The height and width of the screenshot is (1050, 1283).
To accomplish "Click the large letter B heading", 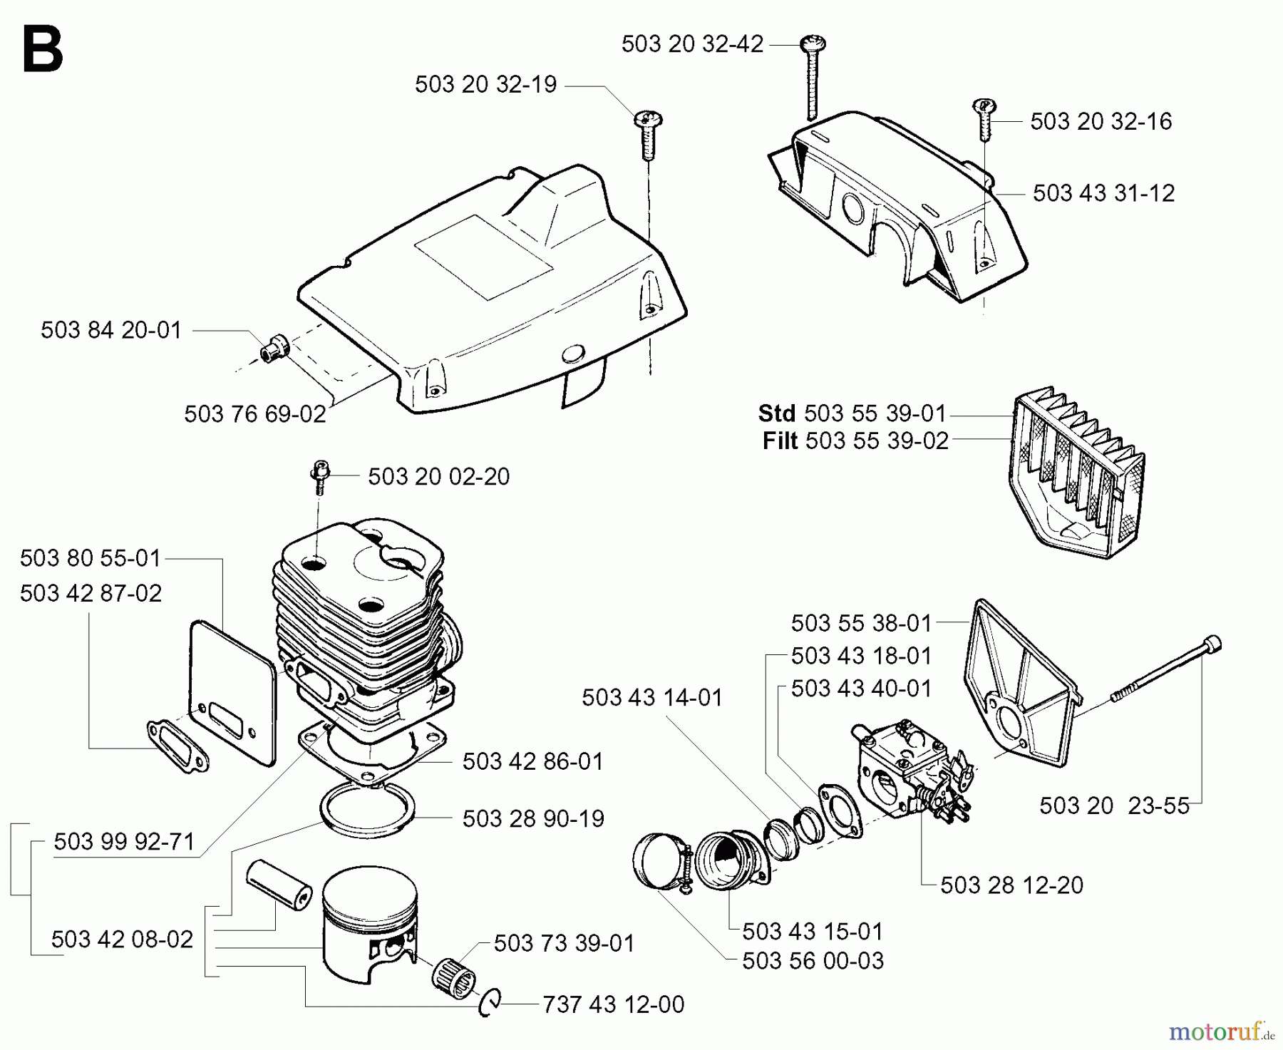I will [x=43, y=49].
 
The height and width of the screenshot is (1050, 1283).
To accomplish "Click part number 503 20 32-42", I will [x=691, y=44].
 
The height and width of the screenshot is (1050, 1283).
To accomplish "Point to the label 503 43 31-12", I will [x=1103, y=193].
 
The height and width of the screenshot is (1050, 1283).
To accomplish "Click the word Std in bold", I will [x=777, y=413].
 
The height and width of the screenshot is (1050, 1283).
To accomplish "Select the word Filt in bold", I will [x=780, y=441].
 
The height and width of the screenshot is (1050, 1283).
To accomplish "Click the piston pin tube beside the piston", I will [x=279, y=883].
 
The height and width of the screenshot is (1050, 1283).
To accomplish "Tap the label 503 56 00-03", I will [x=813, y=961].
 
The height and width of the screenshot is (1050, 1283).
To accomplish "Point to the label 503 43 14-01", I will [x=651, y=697].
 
